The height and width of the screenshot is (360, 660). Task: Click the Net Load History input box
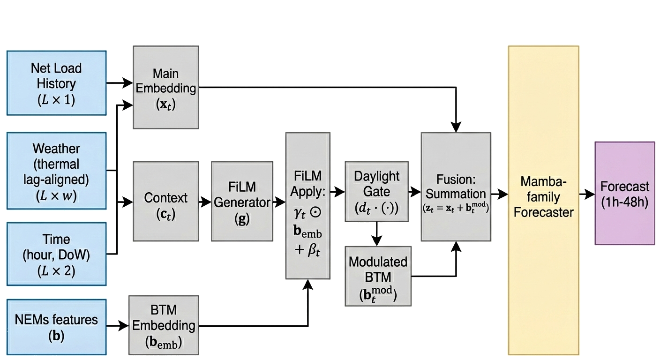pyautogui.click(x=56, y=83)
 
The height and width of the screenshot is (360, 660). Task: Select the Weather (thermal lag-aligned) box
pyautogui.click(x=56, y=172)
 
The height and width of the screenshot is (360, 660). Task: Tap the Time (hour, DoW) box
pyautogui.click(x=56, y=254)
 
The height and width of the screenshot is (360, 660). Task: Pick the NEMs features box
pyautogui.click(x=56, y=326)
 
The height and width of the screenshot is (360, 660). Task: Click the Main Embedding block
pyautogui.click(x=166, y=87)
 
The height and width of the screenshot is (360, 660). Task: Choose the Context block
pyautogui.click(x=166, y=202)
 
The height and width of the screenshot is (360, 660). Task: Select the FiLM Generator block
pyautogui.click(x=242, y=202)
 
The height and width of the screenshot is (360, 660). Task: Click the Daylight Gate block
pyautogui.click(x=376, y=191)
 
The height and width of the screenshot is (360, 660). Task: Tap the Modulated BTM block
pyautogui.click(x=378, y=276)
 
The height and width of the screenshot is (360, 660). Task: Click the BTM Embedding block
pyautogui.click(x=164, y=325)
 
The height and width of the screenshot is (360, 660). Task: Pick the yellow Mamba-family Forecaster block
pyautogui.click(x=543, y=200)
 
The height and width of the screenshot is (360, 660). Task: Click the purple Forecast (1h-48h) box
pyautogui.click(x=624, y=193)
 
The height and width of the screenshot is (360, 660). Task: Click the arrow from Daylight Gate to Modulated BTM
pyautogui.click(x=377, y=233)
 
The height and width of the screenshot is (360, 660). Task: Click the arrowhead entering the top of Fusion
pyautogui.click(x=456, y=127)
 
